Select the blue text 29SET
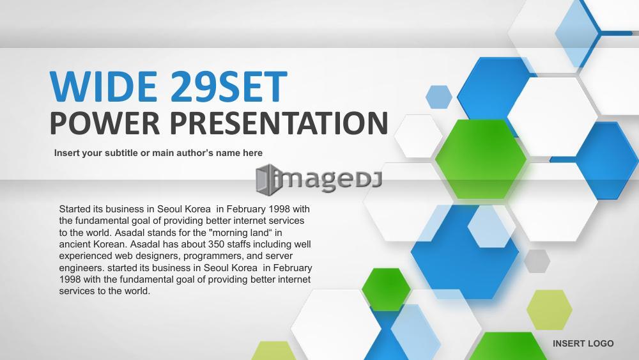click(229, 86)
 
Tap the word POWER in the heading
click(105, 123)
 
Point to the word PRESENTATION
click(279, 123)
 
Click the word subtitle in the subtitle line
click(121, 153)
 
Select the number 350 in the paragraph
click(216, 244)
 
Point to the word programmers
click(213, 256)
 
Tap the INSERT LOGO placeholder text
click(583, 343)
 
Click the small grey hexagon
click(537, 262)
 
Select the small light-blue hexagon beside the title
click(439, 97)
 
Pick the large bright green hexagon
click(481, 159)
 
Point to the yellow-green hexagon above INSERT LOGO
click(550, 310)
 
